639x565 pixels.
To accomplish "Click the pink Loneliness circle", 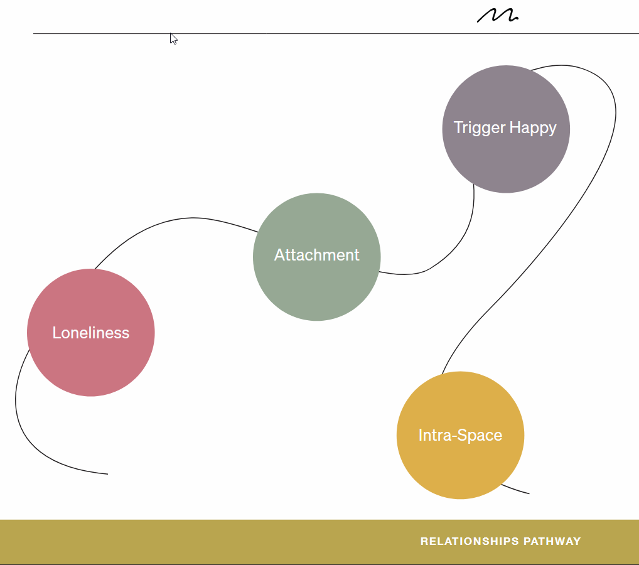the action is (x=91, y=364).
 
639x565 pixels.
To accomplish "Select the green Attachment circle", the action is (x=317, y=286).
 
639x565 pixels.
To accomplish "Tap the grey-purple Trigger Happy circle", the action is (x=506, y=160).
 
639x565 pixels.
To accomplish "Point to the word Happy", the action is (x=533, y=128).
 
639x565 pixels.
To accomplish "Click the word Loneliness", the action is (x=91, y=333).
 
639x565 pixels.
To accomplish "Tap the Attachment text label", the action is (x=317, y=255).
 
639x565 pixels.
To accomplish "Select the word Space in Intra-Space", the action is (x=481, y=435).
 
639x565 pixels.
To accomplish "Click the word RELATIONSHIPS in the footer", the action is (x=469, y=541).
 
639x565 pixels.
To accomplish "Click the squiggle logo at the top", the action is (x=497, y=15).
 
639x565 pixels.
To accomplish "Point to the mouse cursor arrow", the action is (x=173, y=38).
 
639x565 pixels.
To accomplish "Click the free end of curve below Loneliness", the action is (x=107, y=474).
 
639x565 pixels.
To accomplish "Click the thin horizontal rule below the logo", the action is (x=314, y=33).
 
